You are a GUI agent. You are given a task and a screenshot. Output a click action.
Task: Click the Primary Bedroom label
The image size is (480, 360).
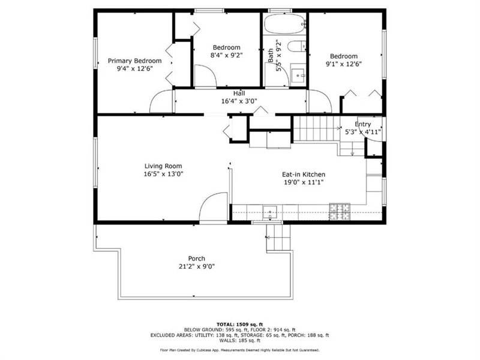coord(134,61)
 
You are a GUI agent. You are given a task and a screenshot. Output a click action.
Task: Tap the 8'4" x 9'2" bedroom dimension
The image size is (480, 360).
coord(227,55)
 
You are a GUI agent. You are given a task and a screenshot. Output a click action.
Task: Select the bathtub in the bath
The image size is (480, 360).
coord(284,24)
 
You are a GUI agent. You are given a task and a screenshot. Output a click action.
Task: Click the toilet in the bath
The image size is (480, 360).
coord(296,47)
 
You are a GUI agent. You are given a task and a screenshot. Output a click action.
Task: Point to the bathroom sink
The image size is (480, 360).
coord(298,75)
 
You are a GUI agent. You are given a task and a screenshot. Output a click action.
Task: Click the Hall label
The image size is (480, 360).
coord(239,93)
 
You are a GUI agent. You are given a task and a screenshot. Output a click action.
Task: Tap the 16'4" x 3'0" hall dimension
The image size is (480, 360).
coord(239,101)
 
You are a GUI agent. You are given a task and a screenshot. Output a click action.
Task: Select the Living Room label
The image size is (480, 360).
coord(163,166)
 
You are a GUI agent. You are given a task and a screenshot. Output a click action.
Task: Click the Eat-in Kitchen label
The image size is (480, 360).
coord(304,175)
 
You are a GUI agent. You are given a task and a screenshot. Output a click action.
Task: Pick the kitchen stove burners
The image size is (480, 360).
coord(340,212)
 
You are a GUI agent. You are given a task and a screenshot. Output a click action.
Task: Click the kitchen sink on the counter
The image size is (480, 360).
coord(270,212)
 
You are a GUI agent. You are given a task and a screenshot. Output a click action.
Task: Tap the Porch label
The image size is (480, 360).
coord(197,259)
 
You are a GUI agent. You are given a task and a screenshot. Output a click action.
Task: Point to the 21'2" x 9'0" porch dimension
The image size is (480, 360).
coord(197,266)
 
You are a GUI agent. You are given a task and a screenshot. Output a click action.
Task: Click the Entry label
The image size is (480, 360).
coord(363,124)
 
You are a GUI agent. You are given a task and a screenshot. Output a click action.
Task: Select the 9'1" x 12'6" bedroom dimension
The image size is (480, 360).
coord(344,64)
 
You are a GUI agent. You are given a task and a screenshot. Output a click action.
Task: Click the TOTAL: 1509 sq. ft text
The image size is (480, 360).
coord(239,325)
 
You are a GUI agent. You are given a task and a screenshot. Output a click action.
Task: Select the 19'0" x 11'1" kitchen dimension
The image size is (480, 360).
coord(304,182)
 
